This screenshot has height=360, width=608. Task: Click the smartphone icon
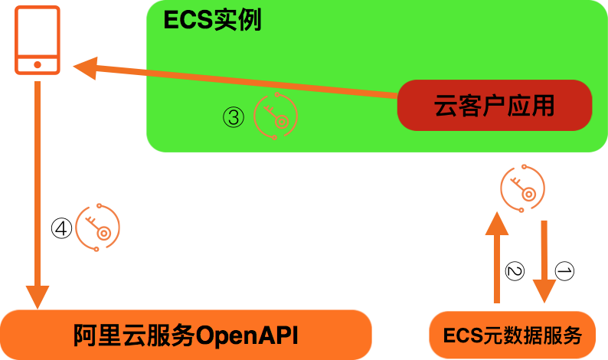click(x=37, y=41)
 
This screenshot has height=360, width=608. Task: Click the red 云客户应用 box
click(x=494, y=105)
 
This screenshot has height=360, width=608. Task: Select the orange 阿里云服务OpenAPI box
click(x=185, y=335)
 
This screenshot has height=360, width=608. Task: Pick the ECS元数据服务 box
click(x=512, y=335)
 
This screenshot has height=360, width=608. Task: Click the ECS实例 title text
click(x=212, y=21)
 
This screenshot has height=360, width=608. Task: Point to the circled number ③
click(x=234, y=117)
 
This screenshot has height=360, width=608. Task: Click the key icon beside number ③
click(x=275, y=116)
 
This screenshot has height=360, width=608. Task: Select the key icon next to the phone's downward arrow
click(x=97, y=227)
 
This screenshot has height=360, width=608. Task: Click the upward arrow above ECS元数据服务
click(x=496, y=257)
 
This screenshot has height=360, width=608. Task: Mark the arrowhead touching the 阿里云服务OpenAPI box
click(x=37, y=296)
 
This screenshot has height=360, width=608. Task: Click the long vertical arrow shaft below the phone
click(x=37, y=184)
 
